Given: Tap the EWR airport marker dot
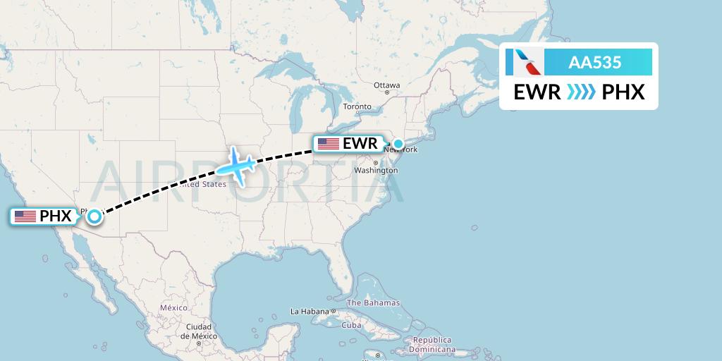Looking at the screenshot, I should pos(398,144).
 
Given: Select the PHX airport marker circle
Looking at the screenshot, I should pos(94,216).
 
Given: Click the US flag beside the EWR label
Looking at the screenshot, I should pos(329,144).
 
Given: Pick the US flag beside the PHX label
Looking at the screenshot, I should pos(25,216).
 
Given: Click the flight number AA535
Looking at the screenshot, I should pos(595,63).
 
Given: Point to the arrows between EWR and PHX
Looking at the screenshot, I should pos(581,92).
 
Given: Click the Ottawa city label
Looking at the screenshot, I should pos(386,85).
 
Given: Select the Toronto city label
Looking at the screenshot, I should pos(357,106).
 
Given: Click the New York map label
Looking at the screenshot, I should pos(401,150).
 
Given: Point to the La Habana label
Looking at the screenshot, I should pos(310,311).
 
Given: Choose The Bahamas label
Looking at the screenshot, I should pos(373,303).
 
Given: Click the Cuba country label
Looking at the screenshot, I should pos(351,325).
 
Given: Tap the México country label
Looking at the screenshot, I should pos(173,308).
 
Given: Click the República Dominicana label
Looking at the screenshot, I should pos(432,344).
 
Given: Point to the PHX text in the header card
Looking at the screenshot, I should pos(623,92).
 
